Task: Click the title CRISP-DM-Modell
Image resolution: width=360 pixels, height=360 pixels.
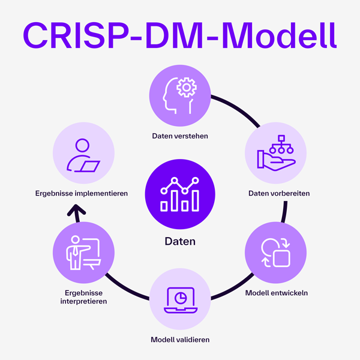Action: (180, 35)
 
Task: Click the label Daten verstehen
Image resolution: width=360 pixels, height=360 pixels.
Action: (180, 136)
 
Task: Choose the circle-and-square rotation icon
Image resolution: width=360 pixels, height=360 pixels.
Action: (275, 253)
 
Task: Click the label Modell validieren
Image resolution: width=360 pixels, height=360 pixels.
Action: (180, 340)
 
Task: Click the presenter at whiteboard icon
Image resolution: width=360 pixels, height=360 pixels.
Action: (83, 253)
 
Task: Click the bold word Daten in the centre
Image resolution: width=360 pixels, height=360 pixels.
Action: (180, 242)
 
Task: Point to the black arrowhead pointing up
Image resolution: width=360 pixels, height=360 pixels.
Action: (76, 209)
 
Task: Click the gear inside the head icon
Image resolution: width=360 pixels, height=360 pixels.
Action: (187, 88)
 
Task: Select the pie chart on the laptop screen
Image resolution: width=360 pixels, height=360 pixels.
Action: (180, 296)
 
